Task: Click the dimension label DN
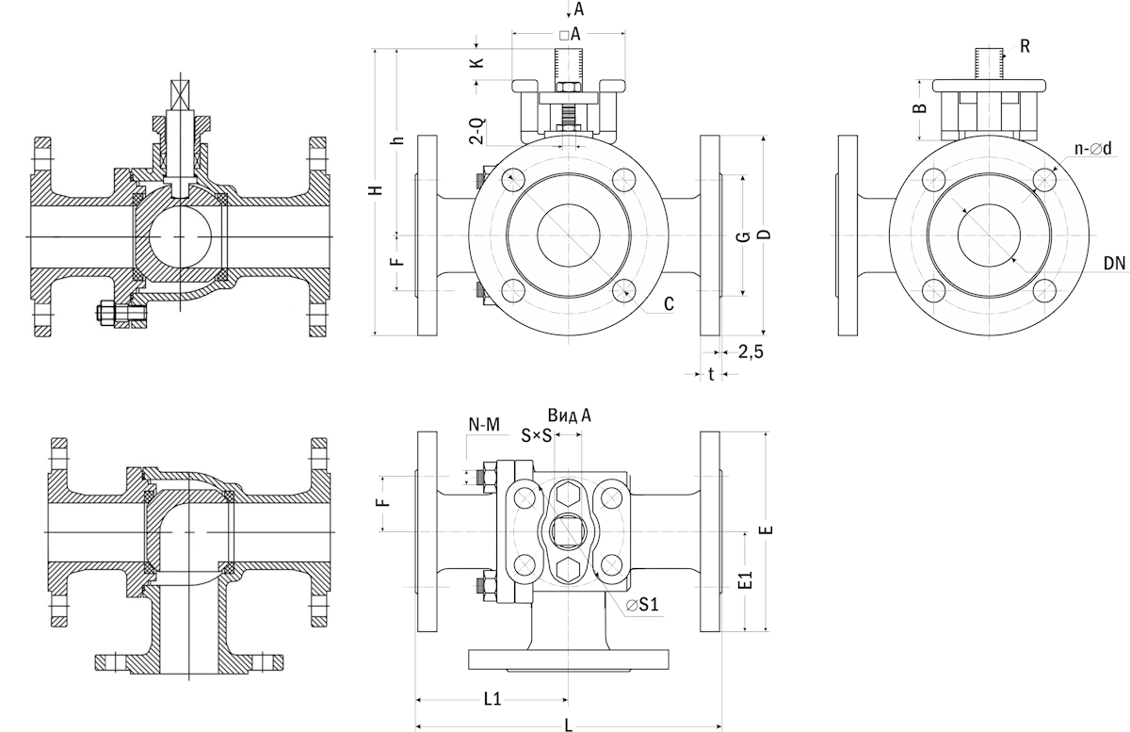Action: (x=1115, y=265)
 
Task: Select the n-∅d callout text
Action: (x=1094, y=149)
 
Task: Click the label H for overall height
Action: (x=376, y=190)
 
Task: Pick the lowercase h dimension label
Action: (x=398, y=141)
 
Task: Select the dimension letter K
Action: (x=477, y=63)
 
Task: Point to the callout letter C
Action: (x=668, y=304)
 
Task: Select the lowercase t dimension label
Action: (x=711, y=374)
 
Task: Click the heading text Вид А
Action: (x=570, y=415)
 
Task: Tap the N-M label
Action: (x=483, y=425)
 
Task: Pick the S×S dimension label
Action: (x=537, y=435)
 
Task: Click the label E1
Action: (x=745, y=581)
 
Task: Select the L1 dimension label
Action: (x=491, y=699)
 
